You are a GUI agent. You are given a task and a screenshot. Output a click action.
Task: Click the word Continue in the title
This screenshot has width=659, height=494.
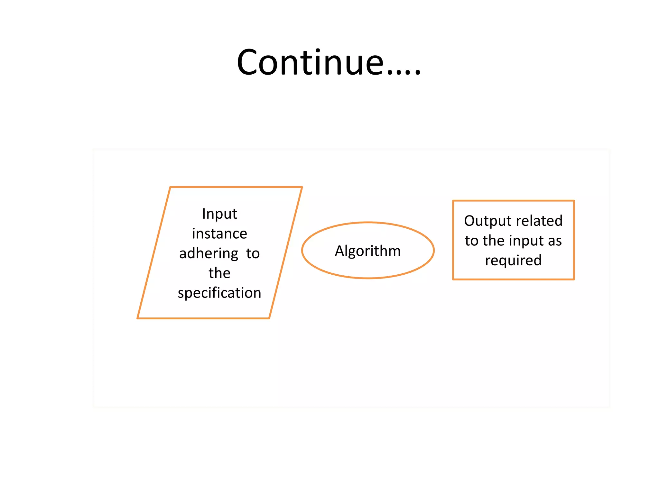310,62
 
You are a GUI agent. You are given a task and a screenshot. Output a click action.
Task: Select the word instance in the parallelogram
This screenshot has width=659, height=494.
219,234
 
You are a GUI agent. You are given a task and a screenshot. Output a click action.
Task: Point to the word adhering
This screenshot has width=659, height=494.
209,254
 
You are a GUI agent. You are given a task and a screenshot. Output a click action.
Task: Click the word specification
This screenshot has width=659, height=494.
219,293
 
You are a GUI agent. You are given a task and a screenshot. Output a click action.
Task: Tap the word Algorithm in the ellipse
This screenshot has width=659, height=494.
368,251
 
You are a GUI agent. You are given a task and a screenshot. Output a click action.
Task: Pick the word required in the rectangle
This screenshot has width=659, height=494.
513,261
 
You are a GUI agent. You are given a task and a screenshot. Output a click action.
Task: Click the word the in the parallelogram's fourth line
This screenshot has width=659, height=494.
219,273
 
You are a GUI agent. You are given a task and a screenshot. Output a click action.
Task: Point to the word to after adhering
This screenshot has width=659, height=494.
253,254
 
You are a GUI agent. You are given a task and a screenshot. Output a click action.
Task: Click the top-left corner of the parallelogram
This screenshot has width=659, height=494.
170,187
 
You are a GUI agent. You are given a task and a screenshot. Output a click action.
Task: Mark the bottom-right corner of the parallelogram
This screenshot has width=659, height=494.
269,318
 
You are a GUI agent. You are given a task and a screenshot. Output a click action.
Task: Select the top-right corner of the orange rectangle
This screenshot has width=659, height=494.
574,201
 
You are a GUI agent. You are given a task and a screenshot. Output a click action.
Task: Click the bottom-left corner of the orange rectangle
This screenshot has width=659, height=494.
453,279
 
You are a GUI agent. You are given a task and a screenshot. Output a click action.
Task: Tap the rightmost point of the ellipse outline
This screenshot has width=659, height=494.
434,250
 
